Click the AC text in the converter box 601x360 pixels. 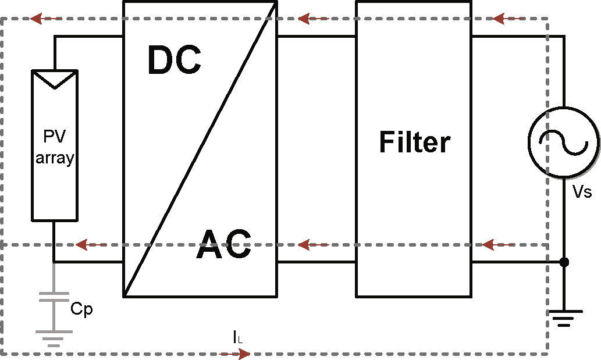pyautogui.click(x=224, y=244)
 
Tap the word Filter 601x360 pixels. pyautogui.click(x=414, y=142)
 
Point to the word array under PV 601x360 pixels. pyautogui.click(x=55, y=158)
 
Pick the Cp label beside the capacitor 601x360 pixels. pyautogui.click(x=81, y=309)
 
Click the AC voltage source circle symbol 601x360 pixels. pyautogui.click(x=563, y=141)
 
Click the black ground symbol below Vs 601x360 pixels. pyautogui.click(x=563, y=318)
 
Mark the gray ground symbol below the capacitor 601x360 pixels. pyautogui.click(x=53, y=337)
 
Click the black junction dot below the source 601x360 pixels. pyautogui.click(x=563, y=262)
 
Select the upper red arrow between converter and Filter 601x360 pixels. pyautogui.click(x=314, y=19)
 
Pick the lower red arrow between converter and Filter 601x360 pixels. pyautogui.click(x=313, y=244)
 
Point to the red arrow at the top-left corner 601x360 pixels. pyautogui.click(x=47, y=19)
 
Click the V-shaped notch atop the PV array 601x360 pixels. pyautogui.click(x=54, y=80)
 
